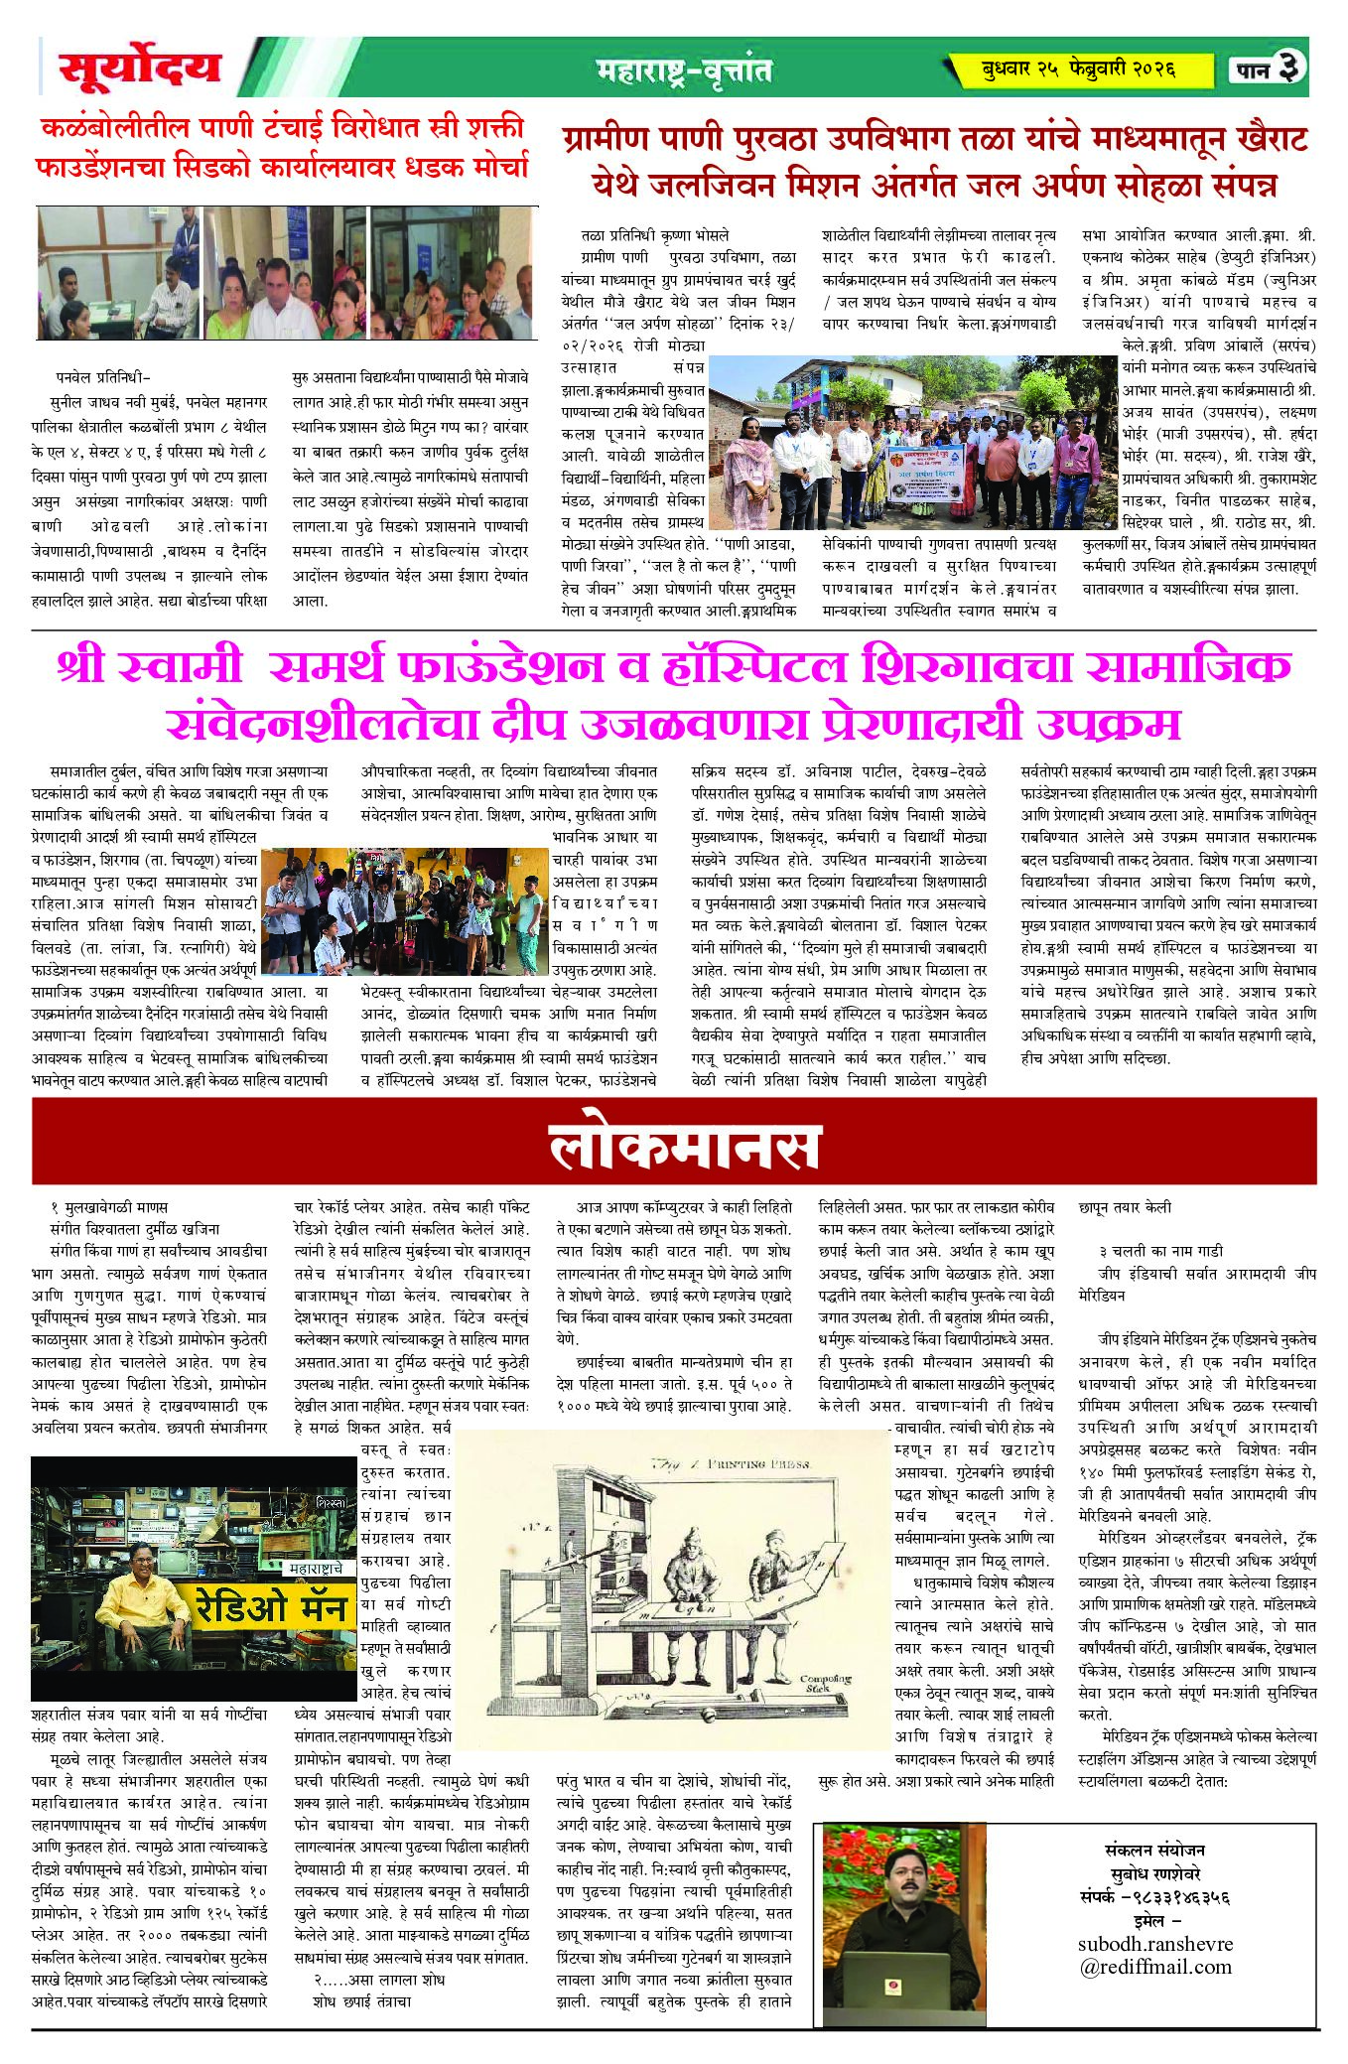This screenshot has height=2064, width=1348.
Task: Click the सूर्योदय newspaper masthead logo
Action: coord(140,69)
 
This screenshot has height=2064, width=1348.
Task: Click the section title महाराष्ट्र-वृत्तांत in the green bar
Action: coord(684,70)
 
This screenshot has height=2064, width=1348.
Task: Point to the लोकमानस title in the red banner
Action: coord(684,1149)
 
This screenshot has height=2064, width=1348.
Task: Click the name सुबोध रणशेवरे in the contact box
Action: coord(1154,1874)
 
